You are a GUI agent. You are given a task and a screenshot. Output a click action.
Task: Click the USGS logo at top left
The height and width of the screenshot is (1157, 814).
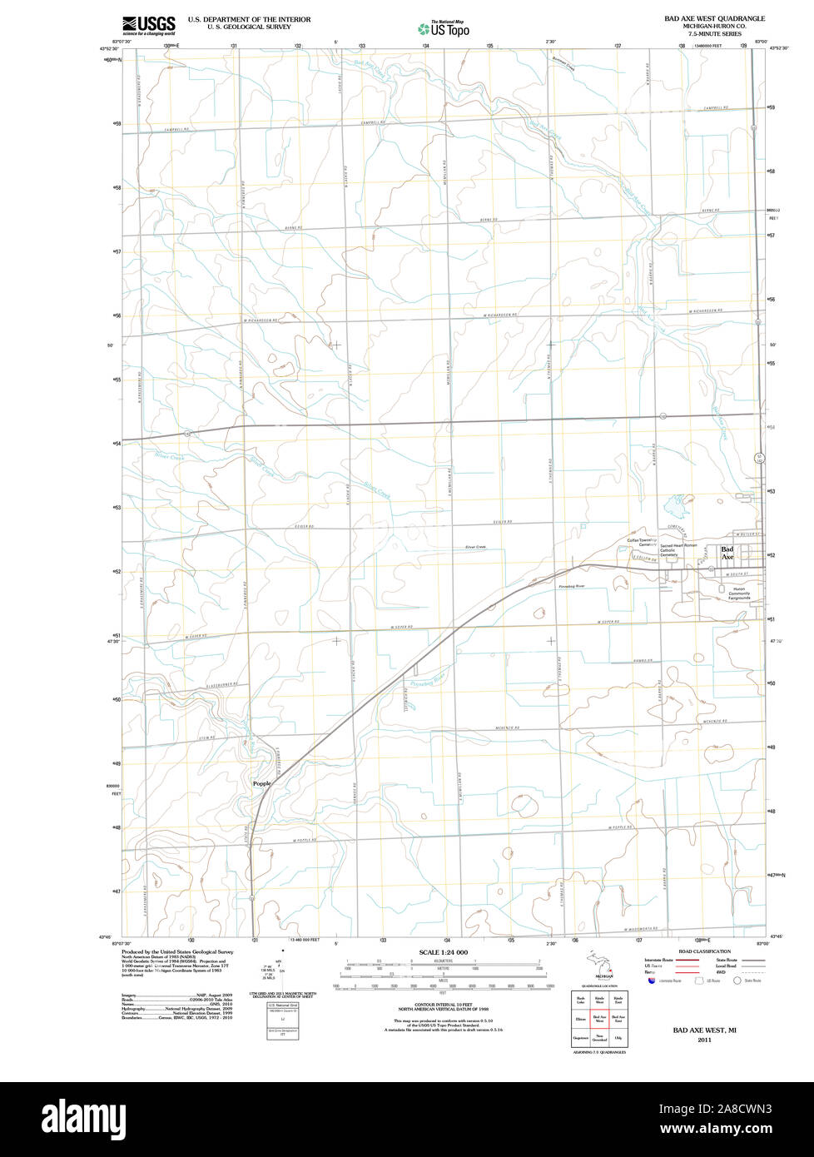149,24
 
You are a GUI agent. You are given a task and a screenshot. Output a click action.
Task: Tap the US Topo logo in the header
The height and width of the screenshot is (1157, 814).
444,28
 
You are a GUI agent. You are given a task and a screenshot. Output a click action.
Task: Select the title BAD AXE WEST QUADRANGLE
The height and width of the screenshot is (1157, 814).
714,18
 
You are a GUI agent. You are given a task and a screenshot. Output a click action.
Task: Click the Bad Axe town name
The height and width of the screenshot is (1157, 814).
727,553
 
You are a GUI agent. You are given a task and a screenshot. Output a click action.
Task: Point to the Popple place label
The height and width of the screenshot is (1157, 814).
261,783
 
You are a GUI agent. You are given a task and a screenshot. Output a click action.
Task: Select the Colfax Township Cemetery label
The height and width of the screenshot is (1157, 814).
642,542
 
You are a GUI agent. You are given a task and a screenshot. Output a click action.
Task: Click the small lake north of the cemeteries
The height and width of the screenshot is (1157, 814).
674,504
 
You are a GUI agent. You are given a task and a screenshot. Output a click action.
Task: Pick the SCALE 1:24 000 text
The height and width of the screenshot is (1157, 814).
444,952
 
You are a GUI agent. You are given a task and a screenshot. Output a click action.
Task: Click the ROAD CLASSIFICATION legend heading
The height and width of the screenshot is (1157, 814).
704,951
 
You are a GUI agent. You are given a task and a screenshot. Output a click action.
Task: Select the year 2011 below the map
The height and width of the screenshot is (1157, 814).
704,1040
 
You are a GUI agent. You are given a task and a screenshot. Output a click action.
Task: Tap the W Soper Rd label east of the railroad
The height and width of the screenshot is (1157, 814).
609,623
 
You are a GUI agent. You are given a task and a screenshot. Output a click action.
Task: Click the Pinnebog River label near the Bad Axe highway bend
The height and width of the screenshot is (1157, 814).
572,587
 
